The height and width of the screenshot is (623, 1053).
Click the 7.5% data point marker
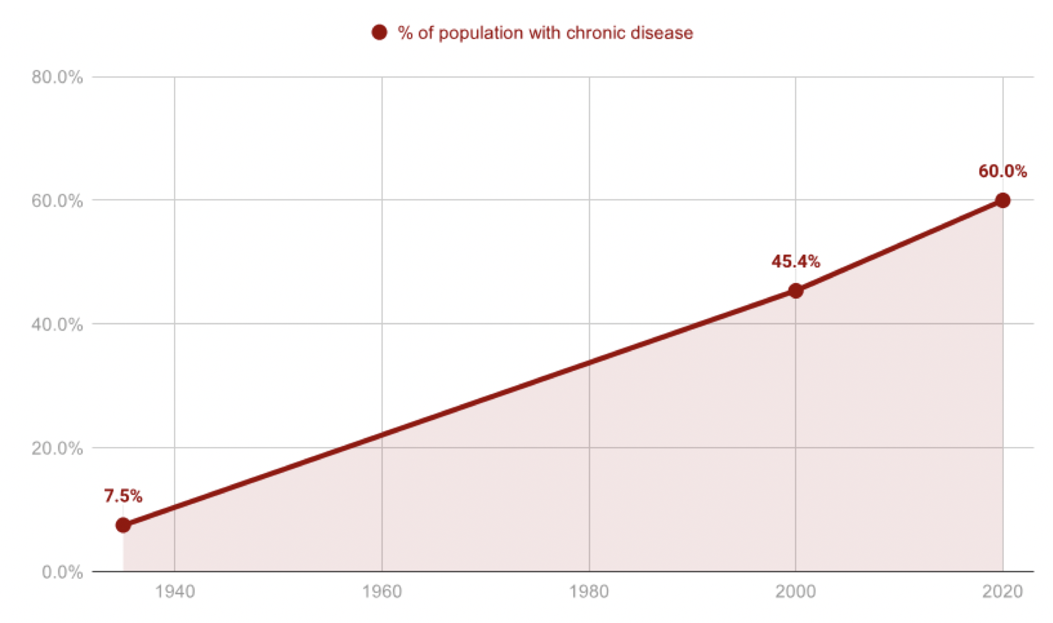coord(123,525)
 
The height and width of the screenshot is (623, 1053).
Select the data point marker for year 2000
coord(796,291)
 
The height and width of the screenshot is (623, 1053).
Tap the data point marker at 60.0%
coord(1003,201)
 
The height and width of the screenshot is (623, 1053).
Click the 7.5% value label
coord(123,496)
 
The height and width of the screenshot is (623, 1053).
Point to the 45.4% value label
coord(796,261)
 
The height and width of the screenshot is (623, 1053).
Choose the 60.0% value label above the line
coord(1003,171)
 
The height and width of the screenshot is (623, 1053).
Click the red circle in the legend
coord(379,33)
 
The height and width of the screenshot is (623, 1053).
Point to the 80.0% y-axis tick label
coord(57,77)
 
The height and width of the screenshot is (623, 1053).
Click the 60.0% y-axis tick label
coord(57,201)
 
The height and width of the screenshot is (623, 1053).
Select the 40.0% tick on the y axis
coord(57,324)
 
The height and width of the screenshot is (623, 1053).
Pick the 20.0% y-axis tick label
coord(57,448)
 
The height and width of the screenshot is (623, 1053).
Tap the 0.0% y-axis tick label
coord(62,572)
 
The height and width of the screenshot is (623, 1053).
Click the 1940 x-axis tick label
coord(175,591)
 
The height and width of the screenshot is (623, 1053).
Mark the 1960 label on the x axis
coord(382,591)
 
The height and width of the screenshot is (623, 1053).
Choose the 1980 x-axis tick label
coord(589,591)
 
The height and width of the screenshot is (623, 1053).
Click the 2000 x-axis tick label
coord(796,591)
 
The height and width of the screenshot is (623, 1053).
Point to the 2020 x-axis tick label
coord(1003,591)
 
